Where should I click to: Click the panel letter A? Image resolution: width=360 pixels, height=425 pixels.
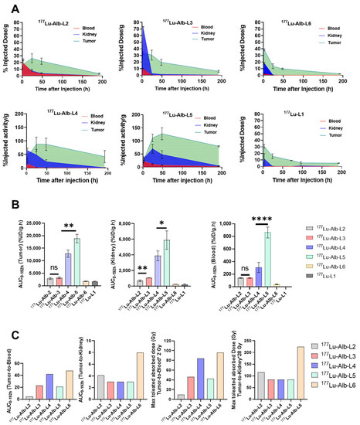pyautogui.click(x=8, y=6)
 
